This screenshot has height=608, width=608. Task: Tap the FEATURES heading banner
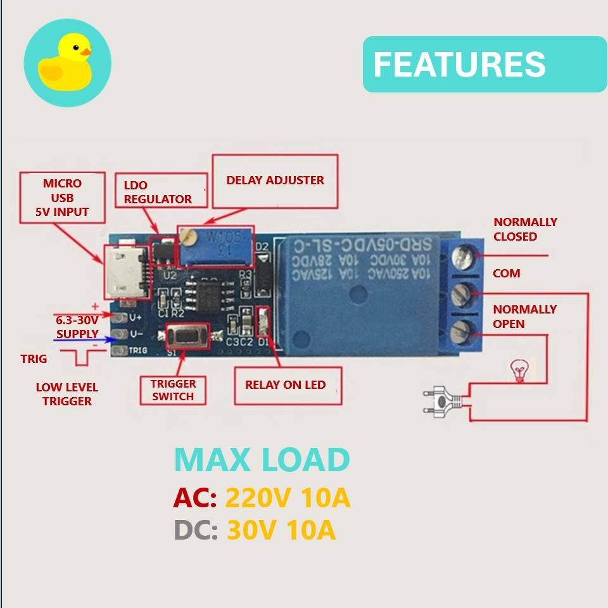pyautogui.click(x=484, y=64)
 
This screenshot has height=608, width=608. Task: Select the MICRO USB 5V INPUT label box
pyautogui.click(x=62, y=197)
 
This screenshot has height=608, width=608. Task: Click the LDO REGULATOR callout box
pyautogui.click(x=163, y=191)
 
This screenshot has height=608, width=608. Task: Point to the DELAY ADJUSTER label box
pyautogui.click(x=275, y=180)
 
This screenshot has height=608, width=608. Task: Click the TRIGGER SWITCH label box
pyautogui.click(x=173, y=389)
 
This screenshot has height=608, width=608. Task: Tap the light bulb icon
pyautogui.click(x=519, y=370)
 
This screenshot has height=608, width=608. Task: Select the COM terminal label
pyautogui.click(x=507, y=274)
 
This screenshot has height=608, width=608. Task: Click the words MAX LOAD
pyautogui.click(x=262, y=460)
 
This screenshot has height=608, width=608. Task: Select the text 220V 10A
pyautogui.click(x=288, y=499)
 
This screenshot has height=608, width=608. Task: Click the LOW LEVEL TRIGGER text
pyautogui.click(x=67, y=394)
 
